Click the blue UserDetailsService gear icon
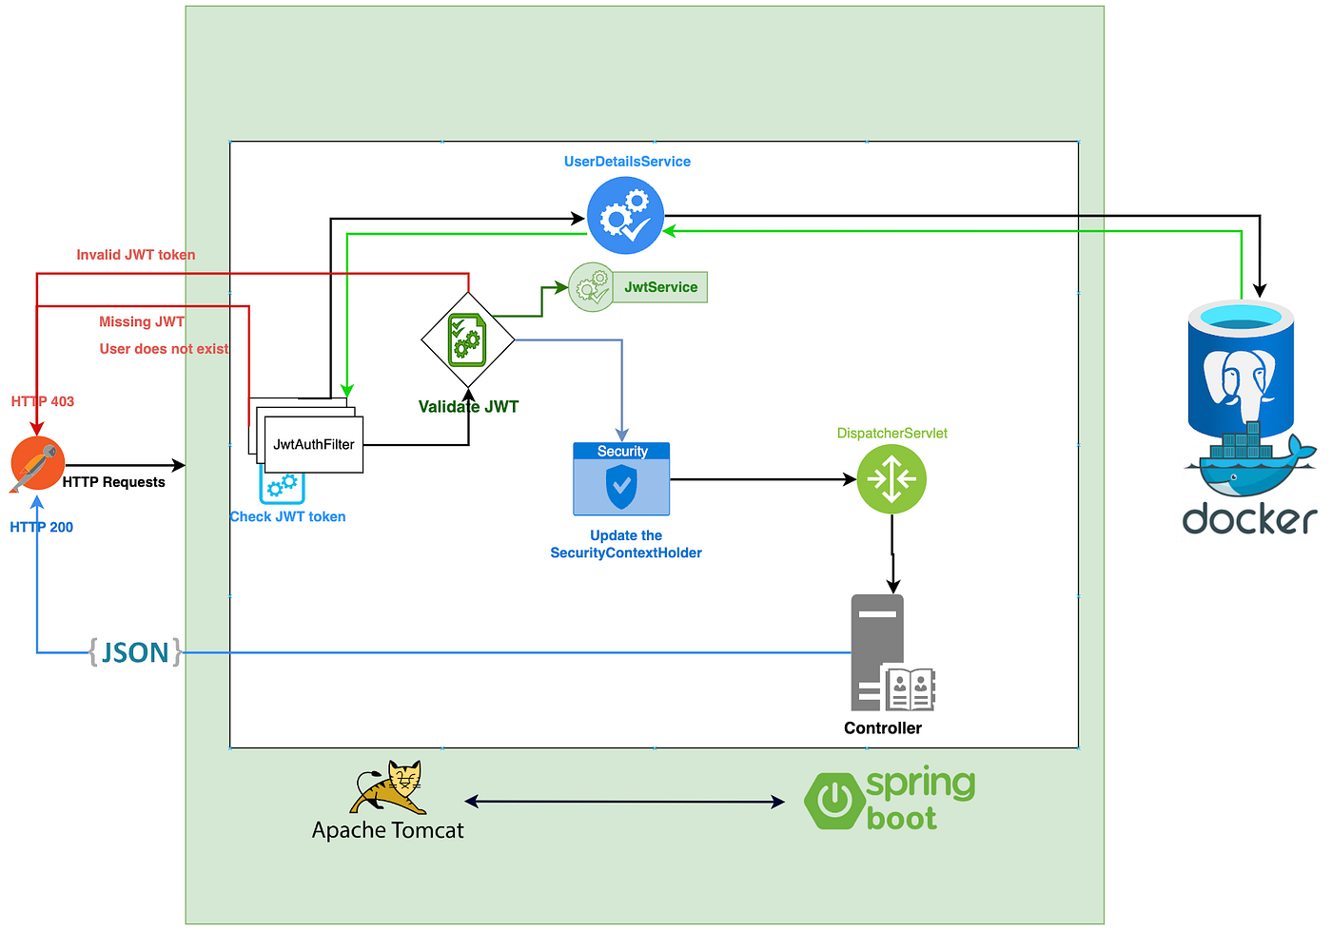[x=625, y=216]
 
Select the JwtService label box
[x=660, y=287]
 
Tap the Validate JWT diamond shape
[x=467, y=340]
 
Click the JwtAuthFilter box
[x=314, y=444]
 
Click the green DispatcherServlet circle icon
[x=891, y=479]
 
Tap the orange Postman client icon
[x=37, y=464]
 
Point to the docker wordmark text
[x=1248, y=519]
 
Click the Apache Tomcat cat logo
[x=391, y=787]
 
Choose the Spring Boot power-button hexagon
[x=833, y=801]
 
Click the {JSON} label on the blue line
[x=134, y=652]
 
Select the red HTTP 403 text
[x=43, y=401]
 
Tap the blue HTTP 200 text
[x=42, y=527]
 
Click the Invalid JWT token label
[x=136, y=255]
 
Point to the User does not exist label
[x=164, y=349]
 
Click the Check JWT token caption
[x=287, y=516]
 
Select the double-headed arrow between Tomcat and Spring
[x=624, y=802]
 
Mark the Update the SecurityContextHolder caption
[x=626, y=544]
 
